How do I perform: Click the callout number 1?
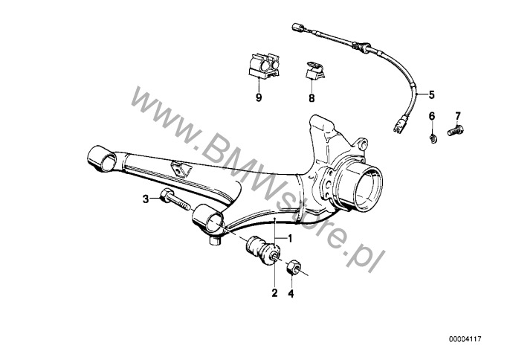pos(290,239)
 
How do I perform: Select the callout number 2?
pos(275,293)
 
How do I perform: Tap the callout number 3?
pos(146,199)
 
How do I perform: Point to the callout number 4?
pos(291,294)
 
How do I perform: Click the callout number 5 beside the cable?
pos(431,94)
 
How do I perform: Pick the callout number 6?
pos(432,116)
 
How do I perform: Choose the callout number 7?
pos(458,116)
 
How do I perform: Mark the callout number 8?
pos(312,98)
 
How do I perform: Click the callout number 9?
pos(259,97)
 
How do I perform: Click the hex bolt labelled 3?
pos(175,200)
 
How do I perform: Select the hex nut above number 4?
pos(292,267)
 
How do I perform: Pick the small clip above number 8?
pos(314,70)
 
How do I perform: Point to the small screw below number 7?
pos(455,130)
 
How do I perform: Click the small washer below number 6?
pos(433,138)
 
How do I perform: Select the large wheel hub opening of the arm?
pos(368,188)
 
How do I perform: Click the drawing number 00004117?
pos(465,339)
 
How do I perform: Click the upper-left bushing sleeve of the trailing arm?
pos(102,159)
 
